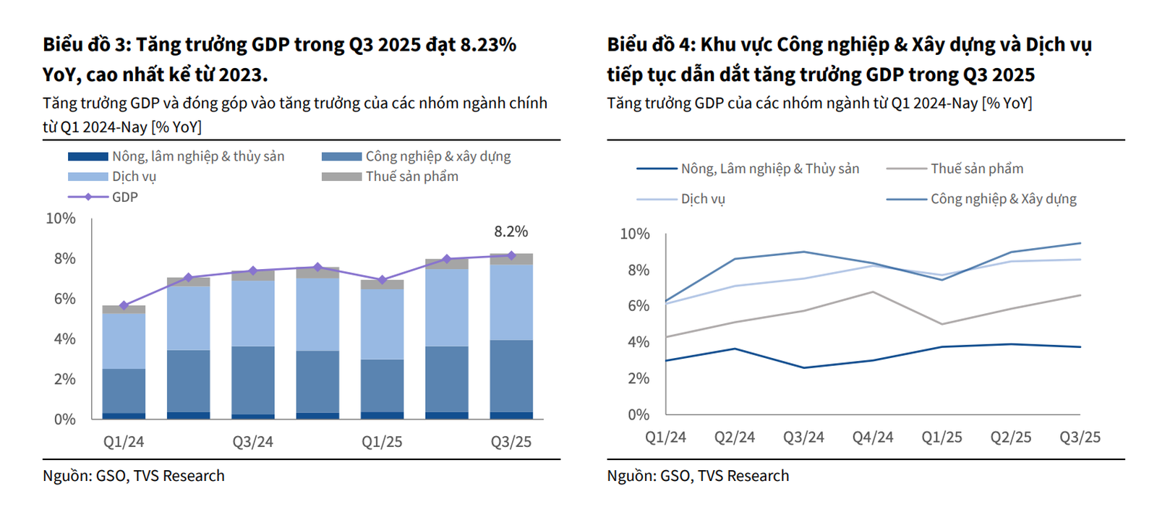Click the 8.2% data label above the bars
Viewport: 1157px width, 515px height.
pyautogui.click(x=511, y=231)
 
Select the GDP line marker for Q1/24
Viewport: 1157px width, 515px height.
pyautogui.click(x=124, y=305)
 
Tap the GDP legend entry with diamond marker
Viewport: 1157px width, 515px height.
pyautogui.click(x=103, y=197)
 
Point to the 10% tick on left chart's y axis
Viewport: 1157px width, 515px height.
pyautogui.click(x=61, y=218)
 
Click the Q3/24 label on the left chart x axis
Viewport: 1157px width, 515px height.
pyautogui.click(x=252, y=442)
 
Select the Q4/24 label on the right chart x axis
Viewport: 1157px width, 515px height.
pyautogui.click(x=872, y=438)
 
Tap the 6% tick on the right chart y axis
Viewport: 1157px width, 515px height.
pyautogui.click(x=639, y=306)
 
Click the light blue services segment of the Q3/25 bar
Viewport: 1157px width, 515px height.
pyautogui.click(x=511, y=302)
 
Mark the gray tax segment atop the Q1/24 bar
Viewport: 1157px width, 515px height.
pyautogui.click(x=124, y=310)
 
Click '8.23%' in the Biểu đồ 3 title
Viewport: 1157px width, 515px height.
pyautogui.click(x=488, y=45)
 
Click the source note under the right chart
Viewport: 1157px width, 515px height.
pyautogui.click(x=698, y=476)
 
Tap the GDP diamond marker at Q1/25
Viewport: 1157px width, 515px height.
pyautogui.click(x=382, y=280)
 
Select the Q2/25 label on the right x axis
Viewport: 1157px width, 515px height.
pyautogui.click(x=1010, y=438)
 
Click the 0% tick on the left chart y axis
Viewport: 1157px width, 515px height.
pyautogui.click(x=65, y=420)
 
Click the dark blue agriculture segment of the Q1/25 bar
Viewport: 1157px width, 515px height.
pyautogui.click(x=382, y=415)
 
